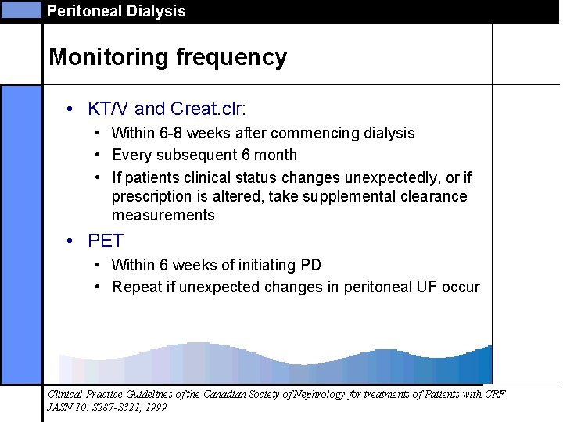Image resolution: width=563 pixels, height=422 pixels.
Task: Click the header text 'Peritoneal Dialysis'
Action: coord(117,11)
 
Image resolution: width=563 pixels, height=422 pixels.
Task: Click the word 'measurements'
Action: coord(163,215)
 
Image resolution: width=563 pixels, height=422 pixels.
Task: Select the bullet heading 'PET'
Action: coord(106,240)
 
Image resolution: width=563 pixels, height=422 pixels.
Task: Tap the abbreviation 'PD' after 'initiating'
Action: coord(311,266)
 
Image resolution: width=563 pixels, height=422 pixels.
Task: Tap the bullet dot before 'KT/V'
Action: coord(70,108)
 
